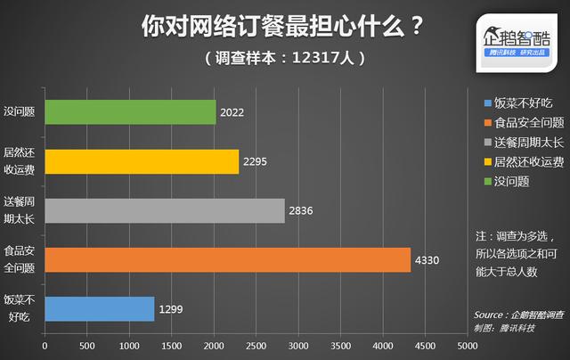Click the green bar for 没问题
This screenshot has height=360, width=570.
[130, 112]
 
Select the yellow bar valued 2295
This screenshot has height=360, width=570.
[142, 161]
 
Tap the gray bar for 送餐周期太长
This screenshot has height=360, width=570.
[165, 210]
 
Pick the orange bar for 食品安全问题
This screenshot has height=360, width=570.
[227, 259]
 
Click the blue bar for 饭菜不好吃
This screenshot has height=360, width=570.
[99, 308]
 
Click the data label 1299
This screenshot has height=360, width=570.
[170, 309]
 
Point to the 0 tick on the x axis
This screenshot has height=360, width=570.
[45, 344]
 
